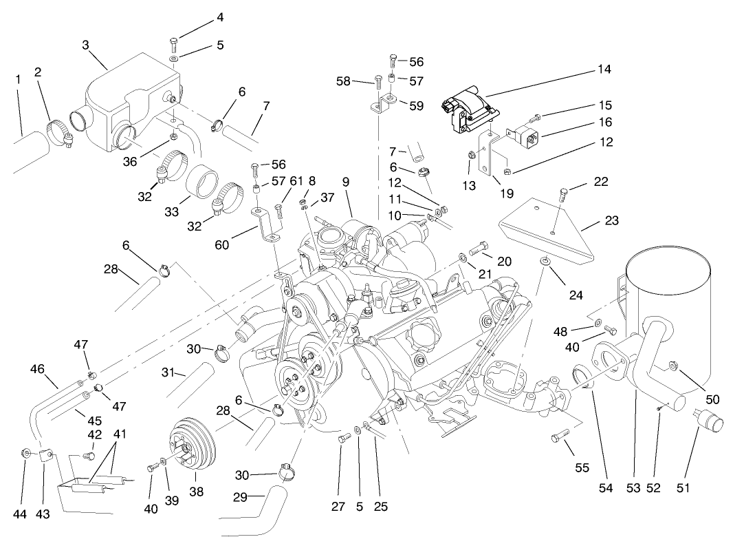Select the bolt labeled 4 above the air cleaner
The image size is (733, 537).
coord(173,45)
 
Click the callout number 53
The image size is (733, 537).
coord(633,488)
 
